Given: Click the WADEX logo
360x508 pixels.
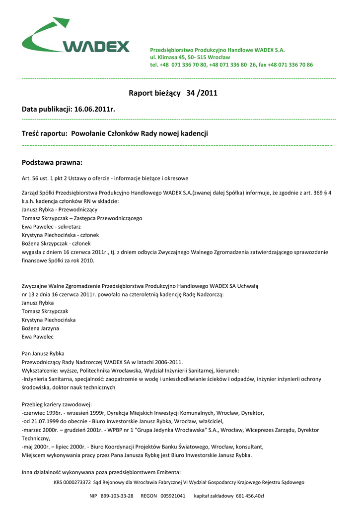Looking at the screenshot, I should pos(75,37).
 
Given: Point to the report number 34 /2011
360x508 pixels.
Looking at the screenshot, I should pos(202,93).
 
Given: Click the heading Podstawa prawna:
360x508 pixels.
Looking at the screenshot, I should pos(52,162).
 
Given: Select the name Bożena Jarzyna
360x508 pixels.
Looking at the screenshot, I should pos(40,328).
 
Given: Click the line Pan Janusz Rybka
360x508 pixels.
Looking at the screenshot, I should pos(43,353).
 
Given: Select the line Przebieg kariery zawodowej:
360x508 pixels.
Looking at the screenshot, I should pos(57,404).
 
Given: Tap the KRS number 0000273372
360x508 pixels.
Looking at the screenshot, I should pos(72,482).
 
